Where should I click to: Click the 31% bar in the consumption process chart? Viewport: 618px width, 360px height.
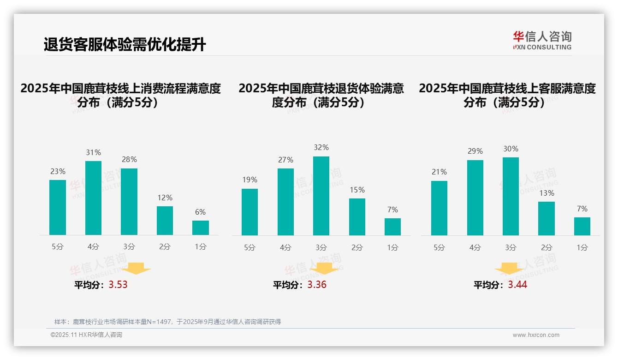[x=93, y=198]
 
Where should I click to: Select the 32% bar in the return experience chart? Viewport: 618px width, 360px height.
[x=321, y=196]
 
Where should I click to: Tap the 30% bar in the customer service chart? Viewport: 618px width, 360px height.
[x=511, y=196]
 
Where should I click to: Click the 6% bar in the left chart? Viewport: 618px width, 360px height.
[x=201, y=228]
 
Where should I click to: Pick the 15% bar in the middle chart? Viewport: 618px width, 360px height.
[x=357, y=216]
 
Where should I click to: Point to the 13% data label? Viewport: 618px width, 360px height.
[x=547, y=193]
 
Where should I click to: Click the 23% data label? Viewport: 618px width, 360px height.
[x=58, y=171]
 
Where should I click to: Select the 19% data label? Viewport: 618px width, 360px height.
[x=250, y=180]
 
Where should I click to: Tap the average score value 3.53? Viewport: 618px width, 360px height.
[x=118, y=285]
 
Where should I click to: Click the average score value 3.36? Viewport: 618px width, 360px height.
[x=317, y=285]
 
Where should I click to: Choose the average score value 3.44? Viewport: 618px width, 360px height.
[x=517, y=285]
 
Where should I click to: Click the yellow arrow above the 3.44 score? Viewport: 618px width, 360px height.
[x=509, y=268]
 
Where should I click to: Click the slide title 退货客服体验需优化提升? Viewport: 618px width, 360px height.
[x=125, y=45]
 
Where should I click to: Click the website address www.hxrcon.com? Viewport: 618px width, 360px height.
[x=536, y=335]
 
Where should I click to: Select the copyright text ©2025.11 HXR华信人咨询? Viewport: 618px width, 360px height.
[x=86, y=335]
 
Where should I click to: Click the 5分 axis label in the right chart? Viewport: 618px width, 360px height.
[x=439, y=247]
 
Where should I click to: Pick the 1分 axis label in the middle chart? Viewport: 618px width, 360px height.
[x=392, y=247]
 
